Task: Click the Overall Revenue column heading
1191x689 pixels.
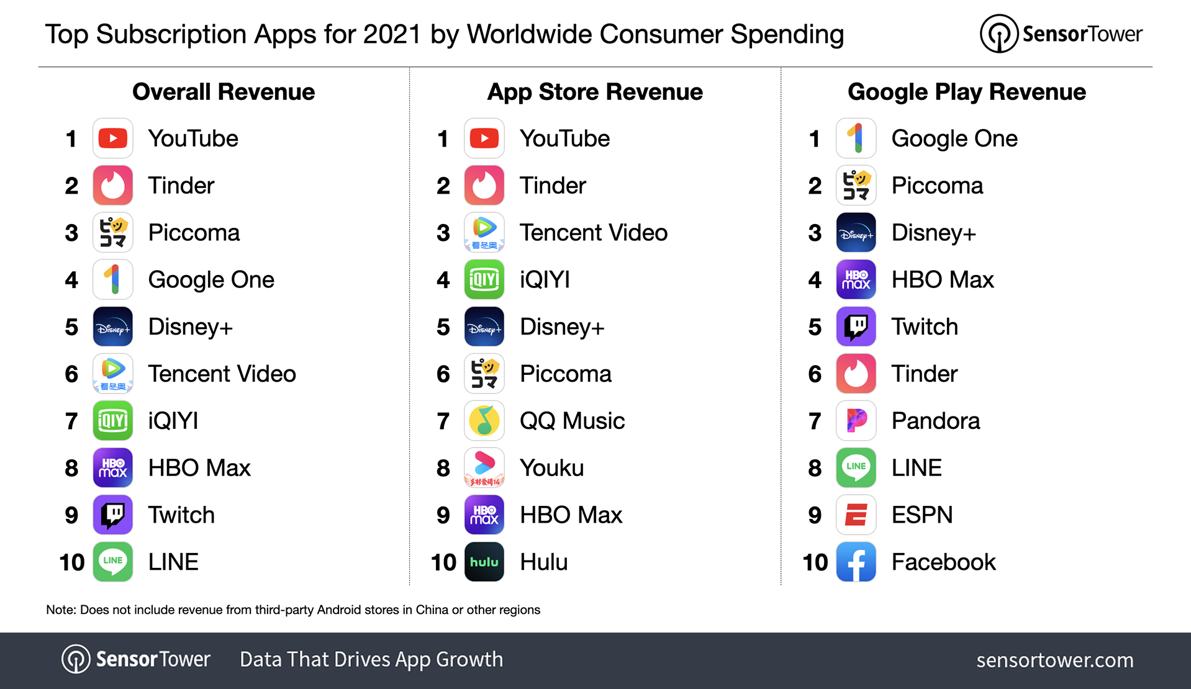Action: [x=224, y=92]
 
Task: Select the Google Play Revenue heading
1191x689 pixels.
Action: [x=966, y=92]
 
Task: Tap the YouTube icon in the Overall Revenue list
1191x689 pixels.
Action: [x=113, y=138]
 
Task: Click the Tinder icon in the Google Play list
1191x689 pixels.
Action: [x=856, y=374]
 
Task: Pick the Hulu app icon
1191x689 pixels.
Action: [x=484, y=562]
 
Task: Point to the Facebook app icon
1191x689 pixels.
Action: [x=856, y=562]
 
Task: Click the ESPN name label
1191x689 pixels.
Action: [x=922, y=515]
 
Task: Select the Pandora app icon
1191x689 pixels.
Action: [x=856, y=421]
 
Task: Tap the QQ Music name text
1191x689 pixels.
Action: [x=572, y=421]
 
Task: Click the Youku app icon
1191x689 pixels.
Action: [x=484, y=468]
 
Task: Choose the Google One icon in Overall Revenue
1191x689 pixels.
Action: [x=113, y=280]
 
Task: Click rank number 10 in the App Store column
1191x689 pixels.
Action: [x=443, y=562]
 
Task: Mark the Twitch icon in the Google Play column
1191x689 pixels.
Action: [x=856, y=326]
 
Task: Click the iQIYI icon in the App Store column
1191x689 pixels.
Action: [x=484, y=280]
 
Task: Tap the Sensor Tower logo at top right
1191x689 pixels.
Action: [x=1061, y=34]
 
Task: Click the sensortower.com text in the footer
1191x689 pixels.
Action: [x=1054, y=660]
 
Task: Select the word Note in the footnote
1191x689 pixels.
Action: [x=60, y=610]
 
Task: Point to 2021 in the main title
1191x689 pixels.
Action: [x=392, y=34]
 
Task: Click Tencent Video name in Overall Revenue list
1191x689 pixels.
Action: [x=222, y=374]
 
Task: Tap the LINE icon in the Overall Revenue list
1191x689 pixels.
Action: [x=113, y=562]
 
